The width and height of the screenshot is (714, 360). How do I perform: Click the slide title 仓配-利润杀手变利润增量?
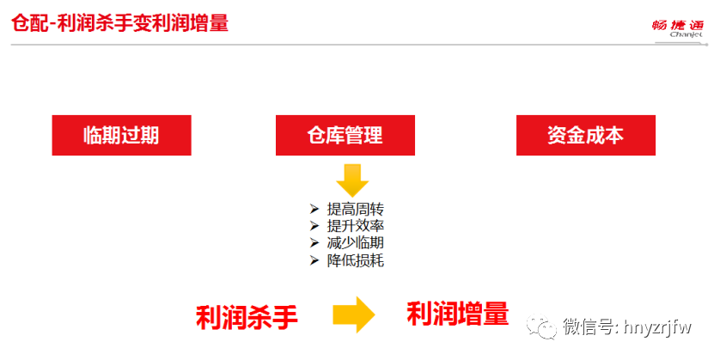119,23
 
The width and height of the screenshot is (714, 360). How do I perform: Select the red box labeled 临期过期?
120,136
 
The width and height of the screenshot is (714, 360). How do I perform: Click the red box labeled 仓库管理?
345,136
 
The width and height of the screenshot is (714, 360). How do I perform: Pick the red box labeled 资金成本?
585,136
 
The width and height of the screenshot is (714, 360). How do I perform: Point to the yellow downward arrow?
351,179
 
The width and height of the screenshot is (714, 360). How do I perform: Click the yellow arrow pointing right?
353,314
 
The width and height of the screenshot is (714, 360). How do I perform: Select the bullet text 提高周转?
355,209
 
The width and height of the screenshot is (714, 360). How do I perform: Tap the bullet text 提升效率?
355,226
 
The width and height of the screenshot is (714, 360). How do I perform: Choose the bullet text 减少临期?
355,243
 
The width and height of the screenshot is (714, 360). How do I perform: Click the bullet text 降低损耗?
355,260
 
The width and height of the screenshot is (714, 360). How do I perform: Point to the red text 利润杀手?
247,316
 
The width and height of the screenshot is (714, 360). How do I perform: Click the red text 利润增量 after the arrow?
458,314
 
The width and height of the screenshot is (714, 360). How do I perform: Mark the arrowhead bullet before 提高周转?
314,209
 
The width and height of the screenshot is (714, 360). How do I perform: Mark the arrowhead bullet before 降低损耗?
314,260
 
